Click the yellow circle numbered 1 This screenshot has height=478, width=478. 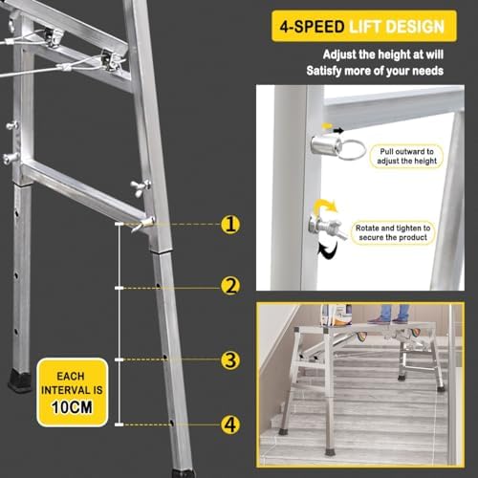(230, 226)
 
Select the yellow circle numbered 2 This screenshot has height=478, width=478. (230, 285)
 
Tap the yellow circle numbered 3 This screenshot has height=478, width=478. (230, 359)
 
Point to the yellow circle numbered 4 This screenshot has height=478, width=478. (230, 424)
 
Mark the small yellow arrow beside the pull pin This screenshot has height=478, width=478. (330, 127)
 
